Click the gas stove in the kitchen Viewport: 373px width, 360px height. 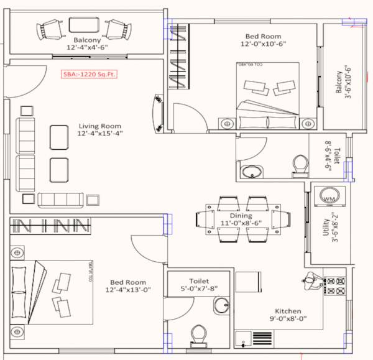click(x=336, y=285)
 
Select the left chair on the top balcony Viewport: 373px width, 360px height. click(x=49, y=29)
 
